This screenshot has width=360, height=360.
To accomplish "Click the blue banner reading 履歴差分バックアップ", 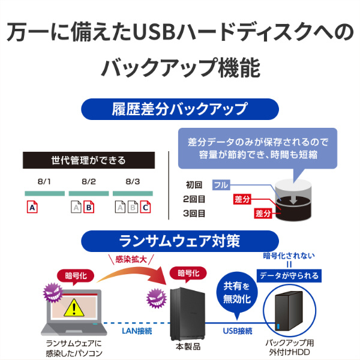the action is coord(180,109).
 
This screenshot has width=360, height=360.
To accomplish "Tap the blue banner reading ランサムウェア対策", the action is coord(180,241).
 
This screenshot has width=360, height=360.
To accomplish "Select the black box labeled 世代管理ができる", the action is coord(89,160).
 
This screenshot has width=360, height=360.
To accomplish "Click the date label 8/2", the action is coord(89,182).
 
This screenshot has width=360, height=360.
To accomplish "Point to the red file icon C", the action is coord(145,207).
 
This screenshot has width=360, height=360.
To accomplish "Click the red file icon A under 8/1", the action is coord(32,207).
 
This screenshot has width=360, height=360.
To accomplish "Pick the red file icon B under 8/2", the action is coord(89,207).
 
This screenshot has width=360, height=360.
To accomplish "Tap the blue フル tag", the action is coord(221,185).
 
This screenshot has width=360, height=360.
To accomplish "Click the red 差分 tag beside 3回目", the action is coord(263,213).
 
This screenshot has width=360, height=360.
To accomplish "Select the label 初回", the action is coord(194,185).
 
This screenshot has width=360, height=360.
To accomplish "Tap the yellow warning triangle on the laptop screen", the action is coord(74,307).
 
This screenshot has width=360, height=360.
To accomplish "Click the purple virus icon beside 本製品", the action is coord(157,298).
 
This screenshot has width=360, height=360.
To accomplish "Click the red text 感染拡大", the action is coord(131,259).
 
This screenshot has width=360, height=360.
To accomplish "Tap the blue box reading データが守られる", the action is coord(289,275).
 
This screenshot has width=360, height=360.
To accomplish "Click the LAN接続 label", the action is coord(137,331).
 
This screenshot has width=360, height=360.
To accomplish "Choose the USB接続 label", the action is coord(238,331).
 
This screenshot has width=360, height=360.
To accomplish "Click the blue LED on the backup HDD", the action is coord(278,326).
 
